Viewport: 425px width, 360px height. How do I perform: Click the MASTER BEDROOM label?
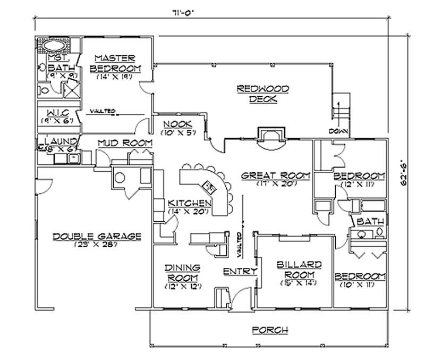pyautogui.click(x=115, y=63)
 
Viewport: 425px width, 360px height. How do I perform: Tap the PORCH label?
pyautogui.click(x=270, y=330)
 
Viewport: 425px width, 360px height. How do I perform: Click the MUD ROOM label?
pyautogui.click(x=125, y=144)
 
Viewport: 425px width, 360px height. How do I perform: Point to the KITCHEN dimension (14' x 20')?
pyautogui.click(x=189, y=212)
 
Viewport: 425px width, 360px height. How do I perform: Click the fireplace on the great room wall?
pyautogui.click(x=270, y=135)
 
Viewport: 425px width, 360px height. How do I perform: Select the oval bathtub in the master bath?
pyautogui.click(x=56, y=45)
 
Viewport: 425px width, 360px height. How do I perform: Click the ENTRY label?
pyautogui.click(x=240, y=271)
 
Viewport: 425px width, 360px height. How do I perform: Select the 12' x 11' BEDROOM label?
pyautogui.click(x=359, y=176)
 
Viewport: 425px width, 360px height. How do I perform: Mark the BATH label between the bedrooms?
pyautogui.click(x=367, y=221)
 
